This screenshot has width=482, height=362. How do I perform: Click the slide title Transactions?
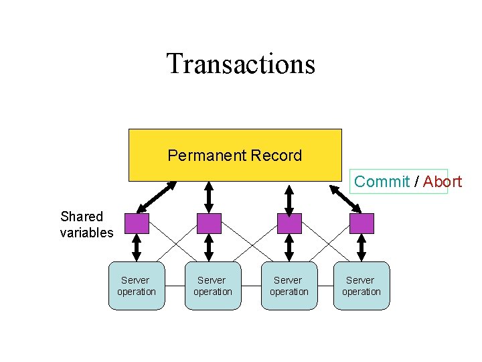click(240, 64)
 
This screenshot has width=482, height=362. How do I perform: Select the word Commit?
click(382, 181)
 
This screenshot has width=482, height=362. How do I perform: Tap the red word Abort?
click(443, 181)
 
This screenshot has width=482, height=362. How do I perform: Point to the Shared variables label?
click(86, 225)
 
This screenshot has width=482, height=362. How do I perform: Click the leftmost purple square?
click(137, 223)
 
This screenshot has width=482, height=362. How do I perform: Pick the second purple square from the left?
click(209, 223)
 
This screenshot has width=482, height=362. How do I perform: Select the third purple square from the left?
click(289, 223)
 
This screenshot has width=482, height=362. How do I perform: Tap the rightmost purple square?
click(361, 223)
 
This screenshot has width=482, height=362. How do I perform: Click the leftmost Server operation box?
click(137, 286)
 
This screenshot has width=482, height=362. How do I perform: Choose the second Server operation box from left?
click(213, 286)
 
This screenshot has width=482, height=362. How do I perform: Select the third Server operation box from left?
click(289, 286)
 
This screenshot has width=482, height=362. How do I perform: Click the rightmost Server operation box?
click(361, 286)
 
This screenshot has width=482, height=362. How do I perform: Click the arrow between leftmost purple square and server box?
click(137, 247)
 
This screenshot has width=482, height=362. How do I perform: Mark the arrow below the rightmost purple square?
click(361, 247)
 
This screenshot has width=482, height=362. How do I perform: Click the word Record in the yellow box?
click(276, 156)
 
